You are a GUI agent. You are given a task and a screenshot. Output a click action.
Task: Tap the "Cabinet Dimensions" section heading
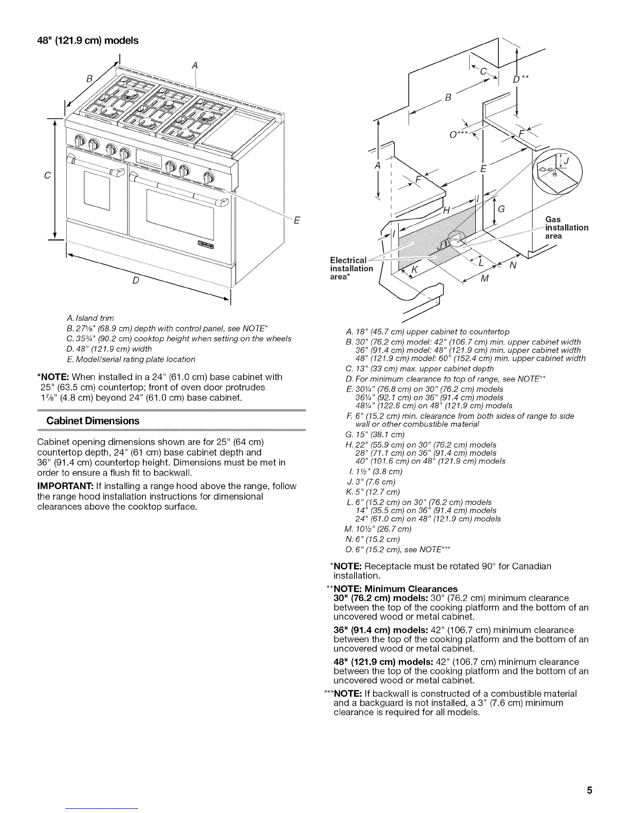[93, 421]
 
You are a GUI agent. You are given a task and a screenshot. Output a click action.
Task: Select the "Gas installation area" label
[566, 227]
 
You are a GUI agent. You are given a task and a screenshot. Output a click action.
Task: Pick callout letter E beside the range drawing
[296, 221]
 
